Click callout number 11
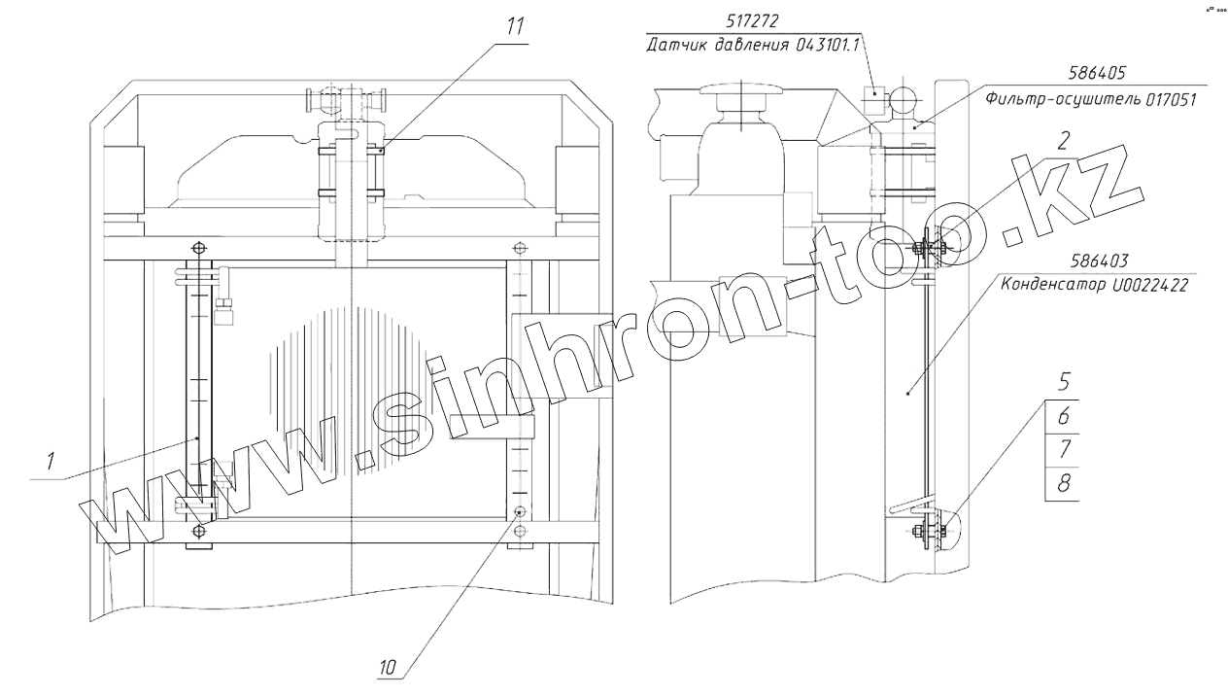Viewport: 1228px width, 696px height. click(515, 26)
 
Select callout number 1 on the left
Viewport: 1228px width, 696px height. click(51, 462)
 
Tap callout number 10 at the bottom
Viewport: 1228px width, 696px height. click(387, 668)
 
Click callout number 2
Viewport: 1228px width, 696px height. click(1063, 141)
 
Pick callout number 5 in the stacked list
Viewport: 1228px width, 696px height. click(1064, 382)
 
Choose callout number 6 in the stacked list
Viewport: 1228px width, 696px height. click(1064, 416)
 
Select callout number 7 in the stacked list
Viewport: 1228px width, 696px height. click(1064, 450)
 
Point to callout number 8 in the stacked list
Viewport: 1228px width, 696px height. click(1064, 484)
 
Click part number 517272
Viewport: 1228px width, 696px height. click(752, 21)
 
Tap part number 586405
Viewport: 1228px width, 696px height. click(1096, 74)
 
